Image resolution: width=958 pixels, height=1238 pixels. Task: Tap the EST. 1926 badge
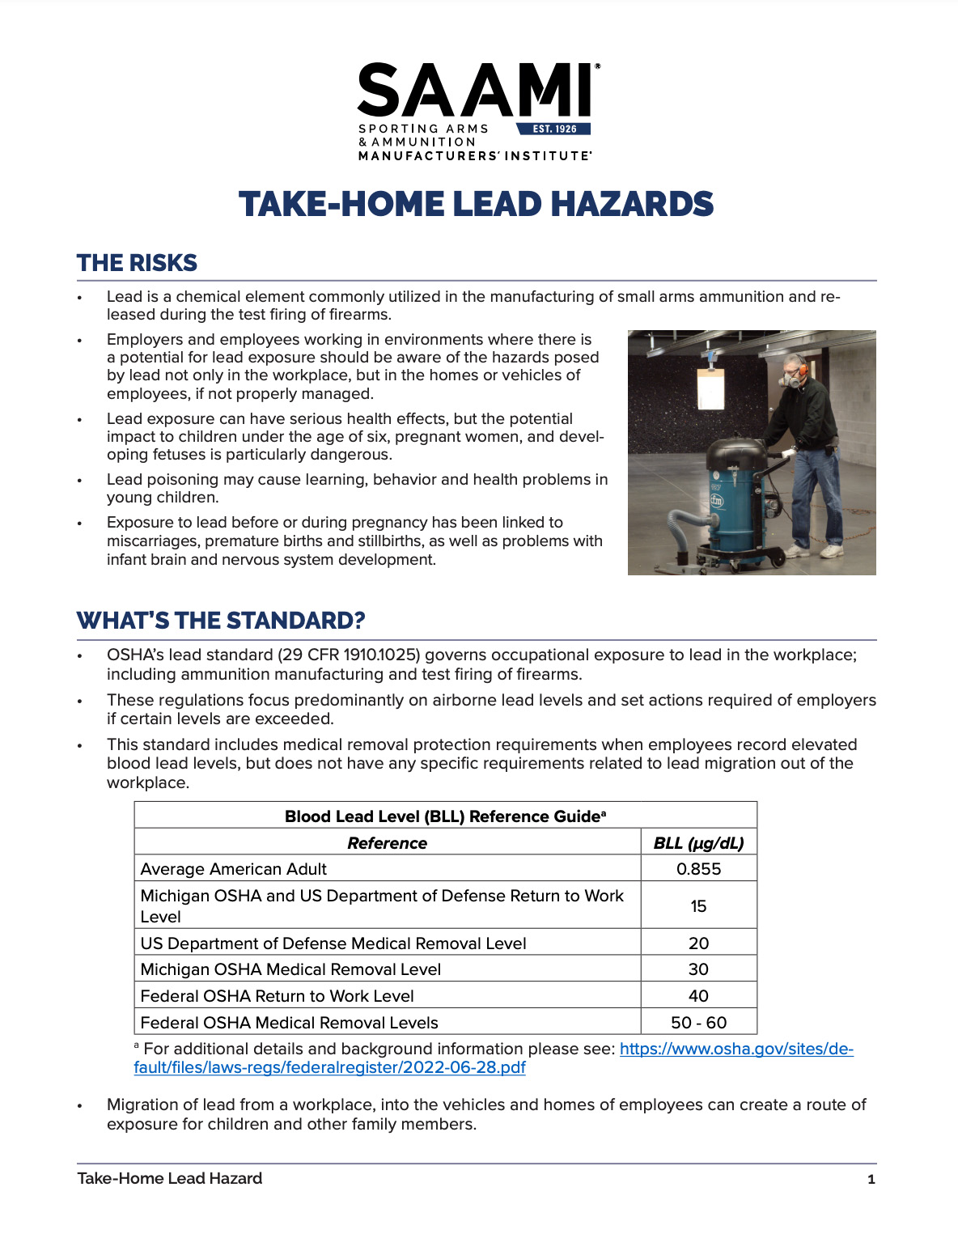coord(554,129)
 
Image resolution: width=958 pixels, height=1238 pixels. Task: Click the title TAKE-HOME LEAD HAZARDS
coord(477,205)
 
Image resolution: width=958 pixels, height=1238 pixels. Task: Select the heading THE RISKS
coord(137,263)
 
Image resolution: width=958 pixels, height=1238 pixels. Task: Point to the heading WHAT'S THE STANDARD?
coord(221,621)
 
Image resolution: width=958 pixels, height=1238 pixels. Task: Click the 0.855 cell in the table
coord(698,869)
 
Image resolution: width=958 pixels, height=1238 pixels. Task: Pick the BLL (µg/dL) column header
coord(698,843)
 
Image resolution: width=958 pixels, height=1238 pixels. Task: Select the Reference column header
coord(387,843)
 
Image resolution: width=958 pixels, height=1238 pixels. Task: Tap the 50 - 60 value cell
coord(698,1023)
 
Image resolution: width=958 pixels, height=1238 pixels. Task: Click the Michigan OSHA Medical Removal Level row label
coord(290,969)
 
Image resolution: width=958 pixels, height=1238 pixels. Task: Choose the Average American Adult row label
coord(233,869)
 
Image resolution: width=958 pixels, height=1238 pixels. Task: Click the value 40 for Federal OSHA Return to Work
coord(698,996)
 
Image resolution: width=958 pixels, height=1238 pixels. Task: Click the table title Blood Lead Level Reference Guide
coord(445,816)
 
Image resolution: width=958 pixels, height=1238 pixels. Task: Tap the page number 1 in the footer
coord(871,1180)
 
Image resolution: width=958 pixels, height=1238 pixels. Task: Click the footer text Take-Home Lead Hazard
coord(169,1179)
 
